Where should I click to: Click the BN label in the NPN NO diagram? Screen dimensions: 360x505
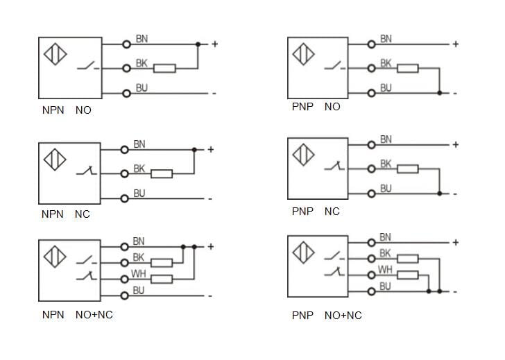coord(142,39)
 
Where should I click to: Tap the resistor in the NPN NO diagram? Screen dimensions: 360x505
coord(164,68)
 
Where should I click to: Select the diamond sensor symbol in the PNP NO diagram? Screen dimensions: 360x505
coord(302,53)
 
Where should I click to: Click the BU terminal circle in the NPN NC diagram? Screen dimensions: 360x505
coord(125,198)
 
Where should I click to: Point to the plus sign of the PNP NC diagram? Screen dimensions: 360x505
coord(456,144)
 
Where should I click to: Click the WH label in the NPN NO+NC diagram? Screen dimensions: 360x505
coord(139,274)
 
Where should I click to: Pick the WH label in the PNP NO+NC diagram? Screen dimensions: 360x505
coord(386,269)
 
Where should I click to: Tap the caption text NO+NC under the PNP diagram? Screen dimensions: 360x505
coord(343,316)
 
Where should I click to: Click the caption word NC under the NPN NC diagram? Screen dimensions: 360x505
coord(83,214)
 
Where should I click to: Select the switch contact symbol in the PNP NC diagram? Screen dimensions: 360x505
coord(334,167)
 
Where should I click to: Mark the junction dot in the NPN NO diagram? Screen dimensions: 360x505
coord(198,44)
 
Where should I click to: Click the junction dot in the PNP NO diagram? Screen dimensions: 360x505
coord(439,93)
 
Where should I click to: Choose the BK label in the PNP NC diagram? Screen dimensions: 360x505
coord(386,164)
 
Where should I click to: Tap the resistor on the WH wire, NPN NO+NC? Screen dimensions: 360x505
coord(162,279)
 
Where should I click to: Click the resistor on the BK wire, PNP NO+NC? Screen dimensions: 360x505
coord(408,258)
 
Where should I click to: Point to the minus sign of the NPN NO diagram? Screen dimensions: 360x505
coord(214,94)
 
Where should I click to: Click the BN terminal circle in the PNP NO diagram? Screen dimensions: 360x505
coord(372,44)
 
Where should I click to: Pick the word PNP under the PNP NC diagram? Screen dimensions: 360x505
coord(302,211)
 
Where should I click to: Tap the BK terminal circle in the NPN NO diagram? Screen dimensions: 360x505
coord(126,68)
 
